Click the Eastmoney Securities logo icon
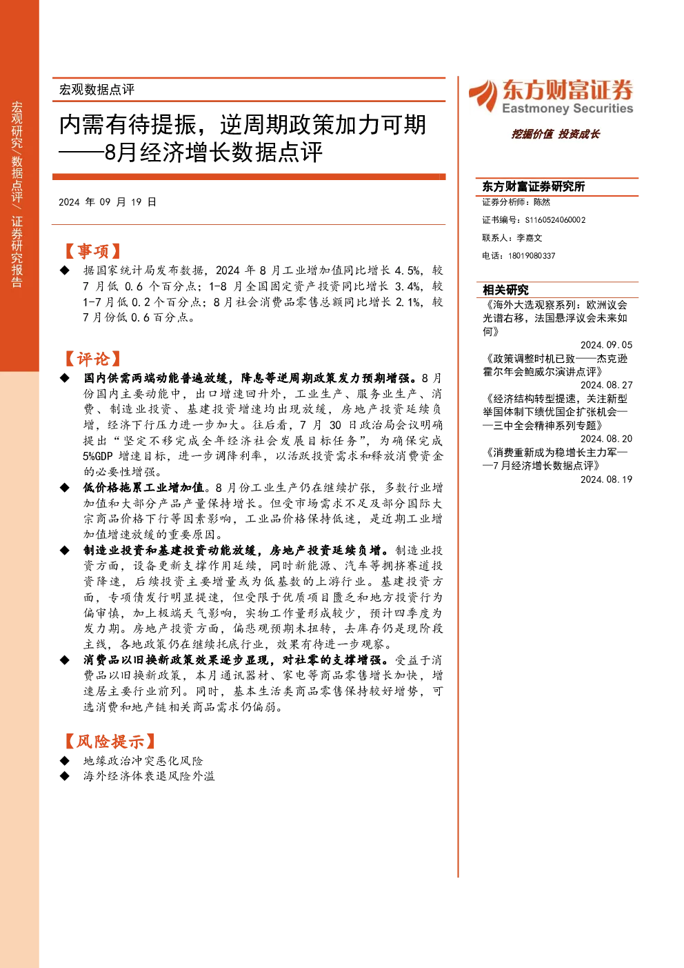pyautogui.click(x=483, y=95)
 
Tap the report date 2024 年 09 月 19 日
pyautogui.click(x=108, y=202)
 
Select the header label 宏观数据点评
pyautogui.click(x=97, y=90)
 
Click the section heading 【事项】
pyautogui.click(x=92, y=251)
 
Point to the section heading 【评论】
pyautogui.click(x=92, y=359)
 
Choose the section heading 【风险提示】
pyautogui.click(x=110, y=741)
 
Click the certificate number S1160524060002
pyautogui.click(x=555, y=220)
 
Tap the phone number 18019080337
pyautogui.click(x=532, y=256)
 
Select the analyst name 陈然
pyautogui.click(x=541, y=202)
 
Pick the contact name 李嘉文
pyautogui.click(x=530, y=237)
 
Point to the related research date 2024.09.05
pyautogui.click(x=606, y=345)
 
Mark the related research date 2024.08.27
pyautogui.click(x=606, y=385)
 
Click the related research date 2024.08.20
pyautogui.click(x=606, y=439)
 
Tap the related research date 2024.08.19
pyautogui.click(x=606, y=480)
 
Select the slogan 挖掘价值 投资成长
pyautogui.click(x=555, y=134)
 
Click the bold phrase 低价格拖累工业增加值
pyautogui.click(x=144, y=488)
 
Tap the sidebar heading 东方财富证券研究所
pyautogui.click(x=533, y=186)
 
